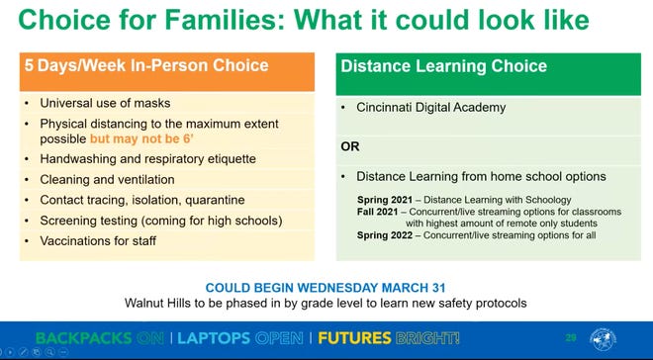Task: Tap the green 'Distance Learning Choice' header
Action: [x=443, y=66]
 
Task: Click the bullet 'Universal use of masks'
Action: [x=105, y=103]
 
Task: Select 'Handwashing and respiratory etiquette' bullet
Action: [x=147, y=158]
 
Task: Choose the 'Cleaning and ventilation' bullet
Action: [x=107, y=179]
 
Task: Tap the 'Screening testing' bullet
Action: [x=91, y=220]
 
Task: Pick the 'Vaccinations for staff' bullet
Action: [x=98, y=240]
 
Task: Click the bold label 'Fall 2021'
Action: [x=377, y=212]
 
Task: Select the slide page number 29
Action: [x=569, y=338]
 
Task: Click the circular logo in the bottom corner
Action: [x=603, y=339]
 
